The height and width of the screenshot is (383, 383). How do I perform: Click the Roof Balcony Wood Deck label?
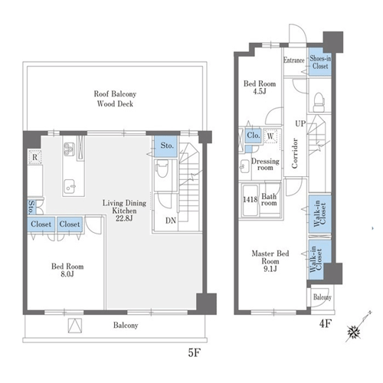point(115,99)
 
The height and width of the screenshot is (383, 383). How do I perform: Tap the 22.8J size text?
point(124,218)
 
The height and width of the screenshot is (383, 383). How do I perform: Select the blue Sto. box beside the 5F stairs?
point(165,146)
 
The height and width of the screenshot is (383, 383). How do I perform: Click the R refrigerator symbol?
point(34,157)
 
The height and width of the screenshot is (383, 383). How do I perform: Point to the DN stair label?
point(171,221)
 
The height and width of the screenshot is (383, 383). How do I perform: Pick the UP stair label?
point(300,124)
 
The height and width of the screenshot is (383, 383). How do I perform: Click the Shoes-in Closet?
point(320,62)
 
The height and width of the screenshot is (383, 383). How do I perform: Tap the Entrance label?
point(294,61)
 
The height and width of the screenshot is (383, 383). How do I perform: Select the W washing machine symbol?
point(270,136)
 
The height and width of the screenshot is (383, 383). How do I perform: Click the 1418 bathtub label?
point(250,199)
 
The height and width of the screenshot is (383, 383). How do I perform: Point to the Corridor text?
point(295,153)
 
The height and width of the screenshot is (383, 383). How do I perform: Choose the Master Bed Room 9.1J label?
point(270,261)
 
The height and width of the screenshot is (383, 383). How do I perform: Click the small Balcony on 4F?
point(322,297)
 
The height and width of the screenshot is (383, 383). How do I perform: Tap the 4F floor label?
point(326,324)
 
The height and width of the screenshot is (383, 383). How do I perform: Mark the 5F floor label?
point(194,353)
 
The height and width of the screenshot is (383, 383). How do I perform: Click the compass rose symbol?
point(354,332)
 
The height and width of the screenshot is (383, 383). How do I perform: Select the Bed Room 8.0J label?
point(67,270)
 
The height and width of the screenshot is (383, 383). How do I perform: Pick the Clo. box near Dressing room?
point(254,136)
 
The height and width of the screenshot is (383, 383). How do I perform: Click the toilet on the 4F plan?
point(319,102)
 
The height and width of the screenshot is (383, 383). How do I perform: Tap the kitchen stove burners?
point(69,149)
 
